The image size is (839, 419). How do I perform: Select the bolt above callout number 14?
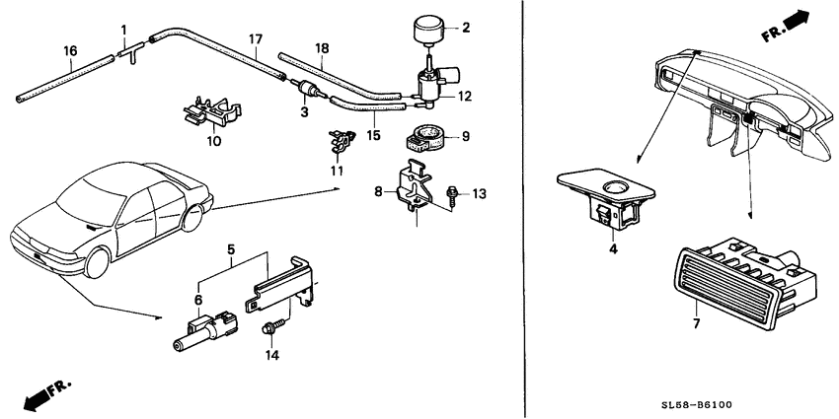[x=269, y=328]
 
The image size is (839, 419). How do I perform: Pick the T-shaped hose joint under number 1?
[x=131, y=51]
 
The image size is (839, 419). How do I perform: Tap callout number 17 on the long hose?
[x=256, y=39]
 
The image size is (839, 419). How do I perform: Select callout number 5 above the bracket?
[x=231, y=249]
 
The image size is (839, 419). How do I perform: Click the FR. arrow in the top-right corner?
[x=786, y=27]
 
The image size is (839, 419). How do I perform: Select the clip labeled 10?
[x=212, y=111]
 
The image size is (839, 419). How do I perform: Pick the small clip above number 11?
[x=342, y=143]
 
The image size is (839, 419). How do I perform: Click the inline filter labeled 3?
[x=307, y=91]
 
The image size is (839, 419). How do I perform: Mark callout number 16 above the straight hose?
[x=71, y=51]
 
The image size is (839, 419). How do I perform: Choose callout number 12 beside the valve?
[x=465, y=97]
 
